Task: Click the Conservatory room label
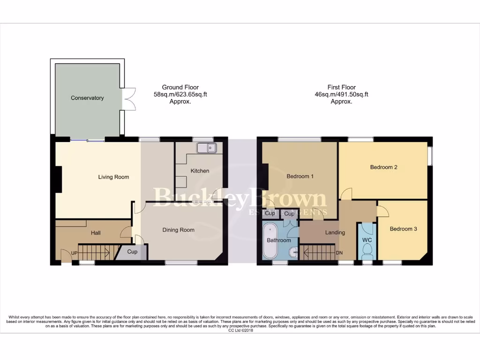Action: [x=87, y=98]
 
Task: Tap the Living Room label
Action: [x=113, y=177]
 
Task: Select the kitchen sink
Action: [x=206, y=148]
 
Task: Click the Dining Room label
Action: [x=178, y=230]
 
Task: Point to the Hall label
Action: [x=96, y=232]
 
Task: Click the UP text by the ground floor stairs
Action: [x=74, y=253]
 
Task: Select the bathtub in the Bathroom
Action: [x=270, y=241]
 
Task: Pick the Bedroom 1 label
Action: [x=300, y=176]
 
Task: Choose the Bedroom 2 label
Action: [x=383, y=167]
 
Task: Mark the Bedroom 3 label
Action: [x=403, y=229]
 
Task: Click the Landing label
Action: [x=335, y=232]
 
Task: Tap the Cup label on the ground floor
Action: [x=132, y=252]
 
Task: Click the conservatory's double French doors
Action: [x=128, y=97]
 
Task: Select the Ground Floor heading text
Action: [x=180, y=87]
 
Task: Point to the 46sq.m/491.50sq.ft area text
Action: [x=341, y=94]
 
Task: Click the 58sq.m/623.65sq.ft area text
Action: [x=180, y=94]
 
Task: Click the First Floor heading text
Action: [x=341, y=87]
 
